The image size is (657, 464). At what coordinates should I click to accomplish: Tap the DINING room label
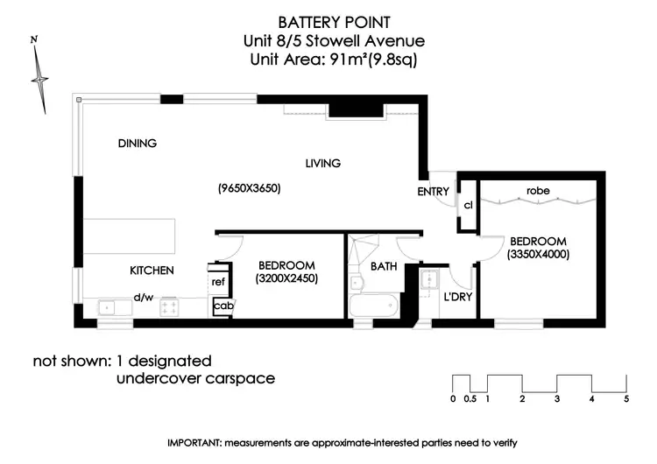click(138, 144)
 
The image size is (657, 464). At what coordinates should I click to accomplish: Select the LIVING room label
click(322, 163)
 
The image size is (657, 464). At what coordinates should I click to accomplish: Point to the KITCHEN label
click(152, 271)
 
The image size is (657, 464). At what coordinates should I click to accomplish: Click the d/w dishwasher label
click(144, 297)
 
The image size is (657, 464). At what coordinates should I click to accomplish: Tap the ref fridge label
click(219, 282)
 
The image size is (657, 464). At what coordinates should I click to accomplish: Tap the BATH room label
click(385, 266)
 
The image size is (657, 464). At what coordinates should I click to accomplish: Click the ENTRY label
click(434, 192)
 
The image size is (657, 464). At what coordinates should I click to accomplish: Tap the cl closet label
click(468, 205)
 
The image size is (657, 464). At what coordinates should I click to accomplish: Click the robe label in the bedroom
click(538, 190)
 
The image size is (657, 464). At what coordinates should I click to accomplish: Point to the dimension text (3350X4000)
click(538, 256)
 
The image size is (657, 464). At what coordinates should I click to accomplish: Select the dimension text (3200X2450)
click(286, 279)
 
